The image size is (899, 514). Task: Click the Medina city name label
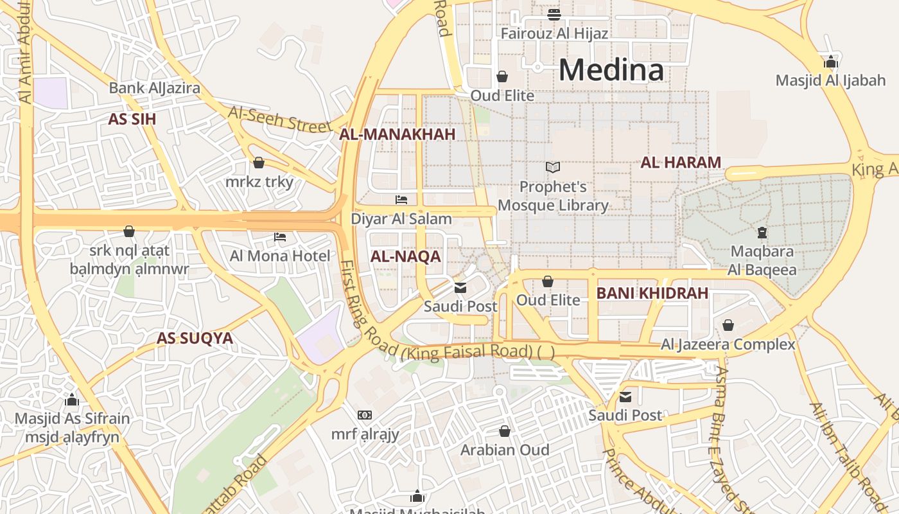611,69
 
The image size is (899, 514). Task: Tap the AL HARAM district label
681,163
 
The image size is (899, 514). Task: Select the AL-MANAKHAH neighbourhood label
397,134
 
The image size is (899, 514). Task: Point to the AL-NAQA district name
405,257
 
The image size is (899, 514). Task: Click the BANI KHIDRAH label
652,294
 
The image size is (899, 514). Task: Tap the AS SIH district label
132,119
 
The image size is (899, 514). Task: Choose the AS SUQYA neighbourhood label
195,338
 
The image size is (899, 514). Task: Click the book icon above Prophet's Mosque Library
553,168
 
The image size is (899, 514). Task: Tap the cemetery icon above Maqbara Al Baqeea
762,232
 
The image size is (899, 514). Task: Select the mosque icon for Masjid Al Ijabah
831,62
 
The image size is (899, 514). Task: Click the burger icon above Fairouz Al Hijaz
554,14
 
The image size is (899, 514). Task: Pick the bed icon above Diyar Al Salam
401,200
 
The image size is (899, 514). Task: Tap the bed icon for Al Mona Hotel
280,237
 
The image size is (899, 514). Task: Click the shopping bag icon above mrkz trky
259,163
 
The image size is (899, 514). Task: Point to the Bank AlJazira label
154,88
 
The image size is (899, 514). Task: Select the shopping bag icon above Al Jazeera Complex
728,325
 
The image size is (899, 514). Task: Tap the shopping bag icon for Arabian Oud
505,430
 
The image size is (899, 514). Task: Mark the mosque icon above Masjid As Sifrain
72,400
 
